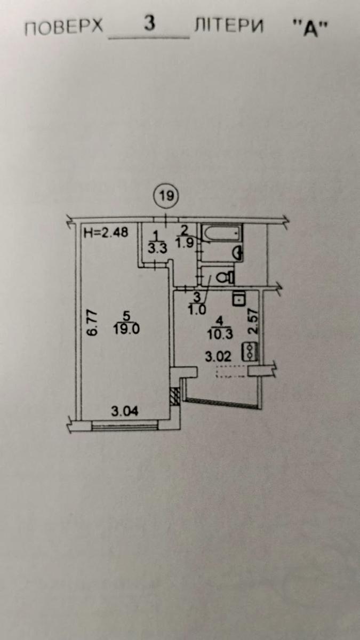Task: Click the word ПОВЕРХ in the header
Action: point(63,28)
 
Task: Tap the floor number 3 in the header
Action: point(149,23)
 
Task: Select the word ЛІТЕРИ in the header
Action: point(229,26)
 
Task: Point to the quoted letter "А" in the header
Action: point(310,29)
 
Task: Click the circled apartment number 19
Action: point(166,196)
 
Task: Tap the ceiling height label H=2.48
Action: point(106,232)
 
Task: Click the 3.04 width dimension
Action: point(125,411)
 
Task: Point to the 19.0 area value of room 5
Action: point(126,329)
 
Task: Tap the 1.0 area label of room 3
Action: point(197,310)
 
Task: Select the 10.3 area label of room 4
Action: point(220,334)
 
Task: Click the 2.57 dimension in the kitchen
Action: point(253,321)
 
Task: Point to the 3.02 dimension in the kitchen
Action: point(219,357)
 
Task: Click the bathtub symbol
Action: point(222,233)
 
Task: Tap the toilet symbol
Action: point(226,277)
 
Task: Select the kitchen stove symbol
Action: point(250,351)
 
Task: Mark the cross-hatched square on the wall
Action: point(174,396)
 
